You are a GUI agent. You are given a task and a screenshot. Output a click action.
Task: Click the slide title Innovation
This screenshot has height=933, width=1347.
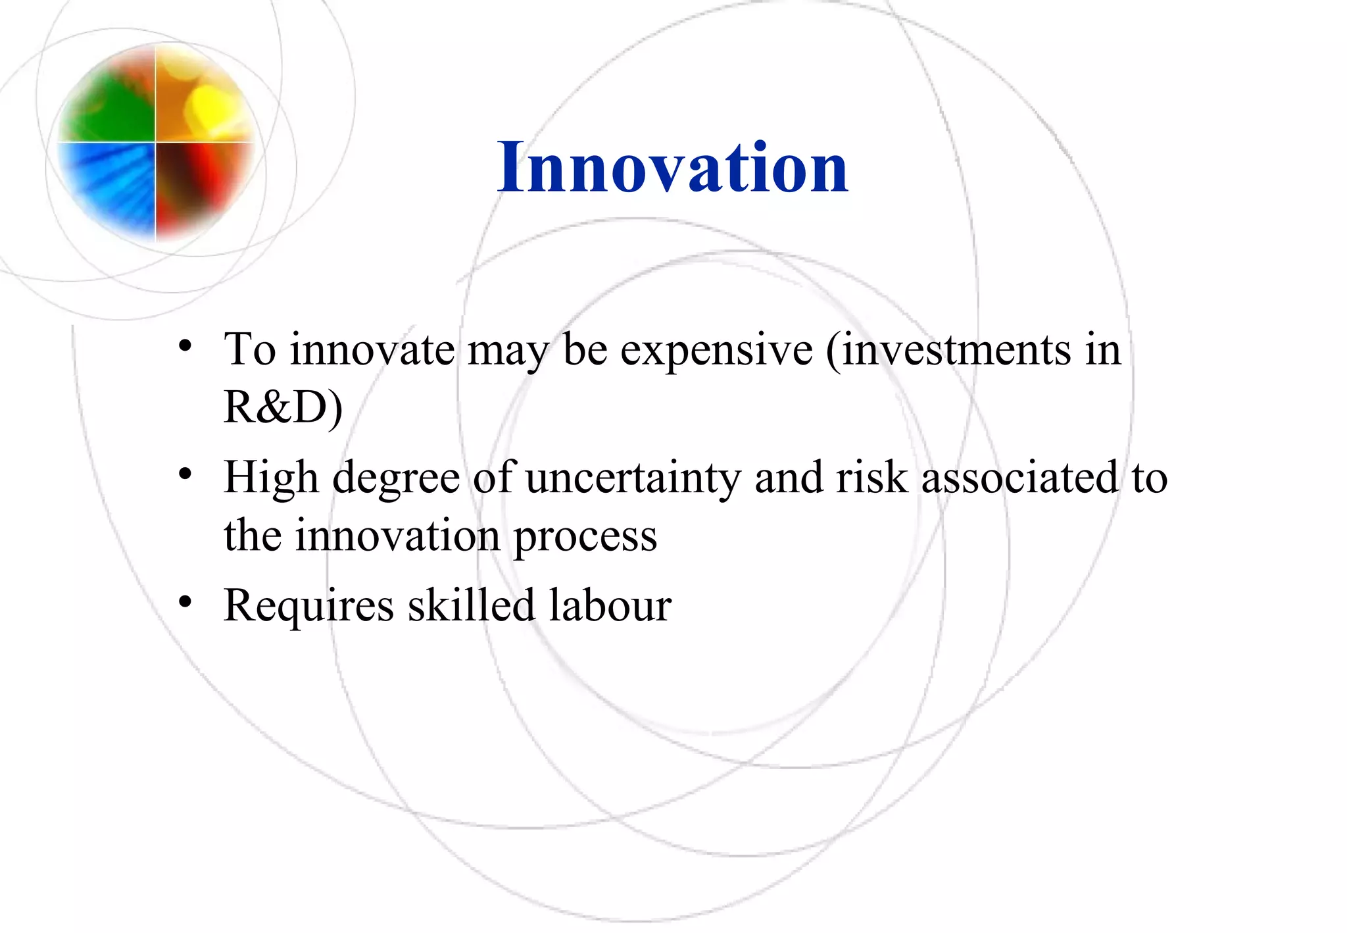672,168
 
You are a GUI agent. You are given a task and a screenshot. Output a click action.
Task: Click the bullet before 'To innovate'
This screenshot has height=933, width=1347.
185,346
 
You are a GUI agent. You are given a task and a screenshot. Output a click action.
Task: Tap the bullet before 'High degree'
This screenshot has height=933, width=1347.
185,474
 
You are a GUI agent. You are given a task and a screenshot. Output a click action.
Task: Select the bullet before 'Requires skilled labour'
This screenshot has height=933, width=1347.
185,601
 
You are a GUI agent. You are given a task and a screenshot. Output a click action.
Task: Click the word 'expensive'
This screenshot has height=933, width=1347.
716,350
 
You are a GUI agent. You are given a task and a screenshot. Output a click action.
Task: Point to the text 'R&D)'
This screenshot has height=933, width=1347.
283,408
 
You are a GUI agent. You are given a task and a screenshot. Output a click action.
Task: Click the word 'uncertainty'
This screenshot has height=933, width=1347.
633,478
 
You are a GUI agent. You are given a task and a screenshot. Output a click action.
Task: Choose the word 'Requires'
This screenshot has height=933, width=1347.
308,606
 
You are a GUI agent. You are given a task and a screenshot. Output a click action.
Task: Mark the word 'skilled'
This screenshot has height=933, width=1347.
471,605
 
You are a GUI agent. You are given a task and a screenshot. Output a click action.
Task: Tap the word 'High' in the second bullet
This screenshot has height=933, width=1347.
271,478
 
